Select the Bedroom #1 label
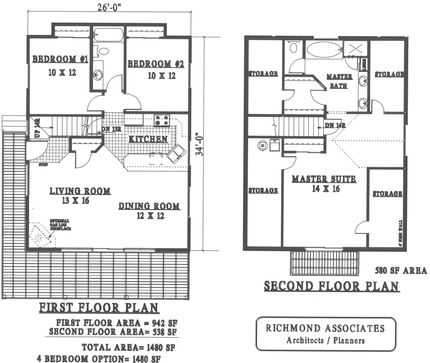60,60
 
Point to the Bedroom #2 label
156,64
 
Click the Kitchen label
148,139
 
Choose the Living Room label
80,191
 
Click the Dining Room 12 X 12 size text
151,216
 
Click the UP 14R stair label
37,128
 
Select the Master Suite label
324,179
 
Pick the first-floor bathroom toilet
103,51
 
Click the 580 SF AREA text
401,270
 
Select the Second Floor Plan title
332,286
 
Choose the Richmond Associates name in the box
325,328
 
